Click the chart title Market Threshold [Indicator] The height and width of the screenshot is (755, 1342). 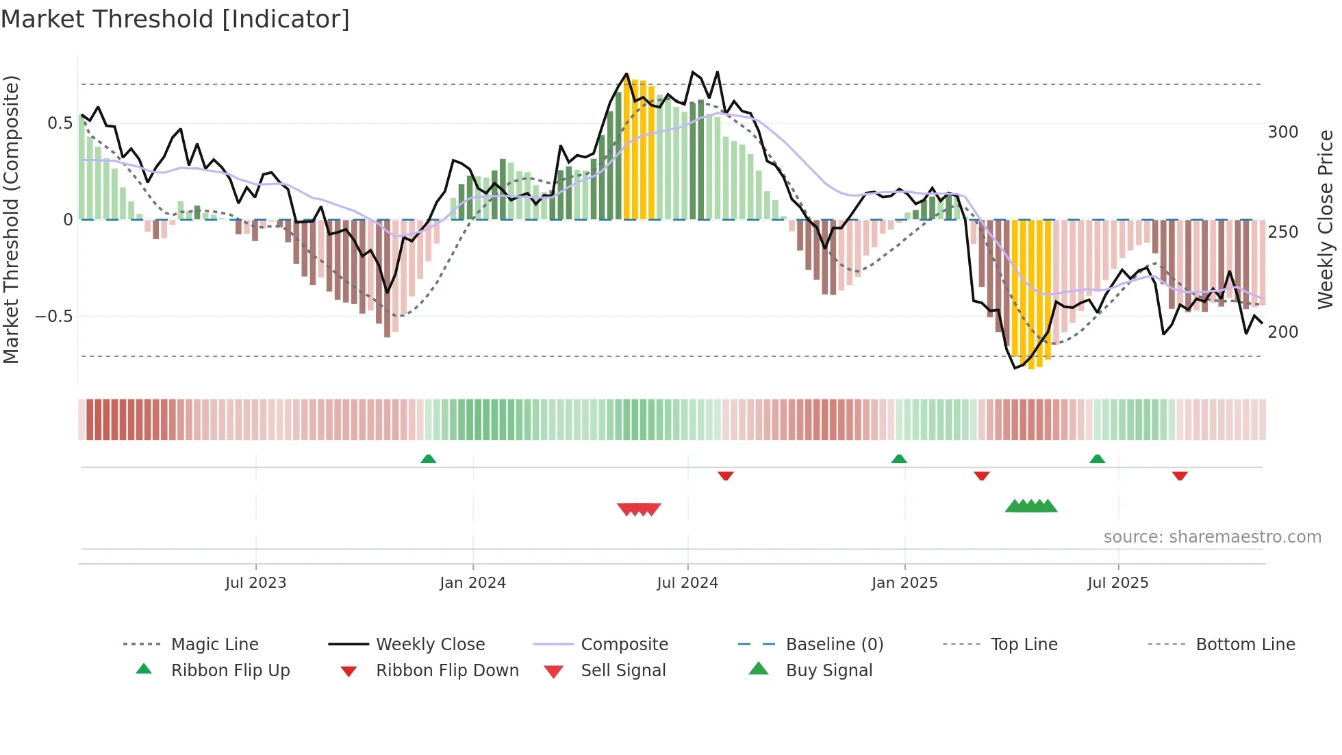(x=175, y=19)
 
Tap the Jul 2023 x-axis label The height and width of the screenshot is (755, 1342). (x=255, y=583)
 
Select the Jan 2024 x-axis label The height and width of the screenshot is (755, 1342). (x=472, y=583)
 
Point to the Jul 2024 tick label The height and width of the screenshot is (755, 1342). (x=687, y=583)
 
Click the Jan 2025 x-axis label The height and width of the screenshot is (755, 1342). (x=904, y=583)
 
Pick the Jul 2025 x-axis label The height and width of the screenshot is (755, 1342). (x=1118, y=583)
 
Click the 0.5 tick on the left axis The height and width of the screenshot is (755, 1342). (x=60, y=123)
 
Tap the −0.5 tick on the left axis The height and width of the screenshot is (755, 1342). (x=53, y=317)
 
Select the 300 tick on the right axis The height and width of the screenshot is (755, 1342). (x=1283, y=132)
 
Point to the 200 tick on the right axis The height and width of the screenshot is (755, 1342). (x=1283, y=332)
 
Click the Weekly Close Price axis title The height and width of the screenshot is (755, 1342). (x=1326, y=219)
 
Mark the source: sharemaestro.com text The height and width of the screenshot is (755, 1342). (x=1212, y=537)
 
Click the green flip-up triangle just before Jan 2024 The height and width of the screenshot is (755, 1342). (x=428, y=459)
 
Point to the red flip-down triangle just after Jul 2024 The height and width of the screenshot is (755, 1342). (x=726, y=475)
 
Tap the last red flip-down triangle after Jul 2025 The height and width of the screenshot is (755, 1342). (x=1180, y=475)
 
